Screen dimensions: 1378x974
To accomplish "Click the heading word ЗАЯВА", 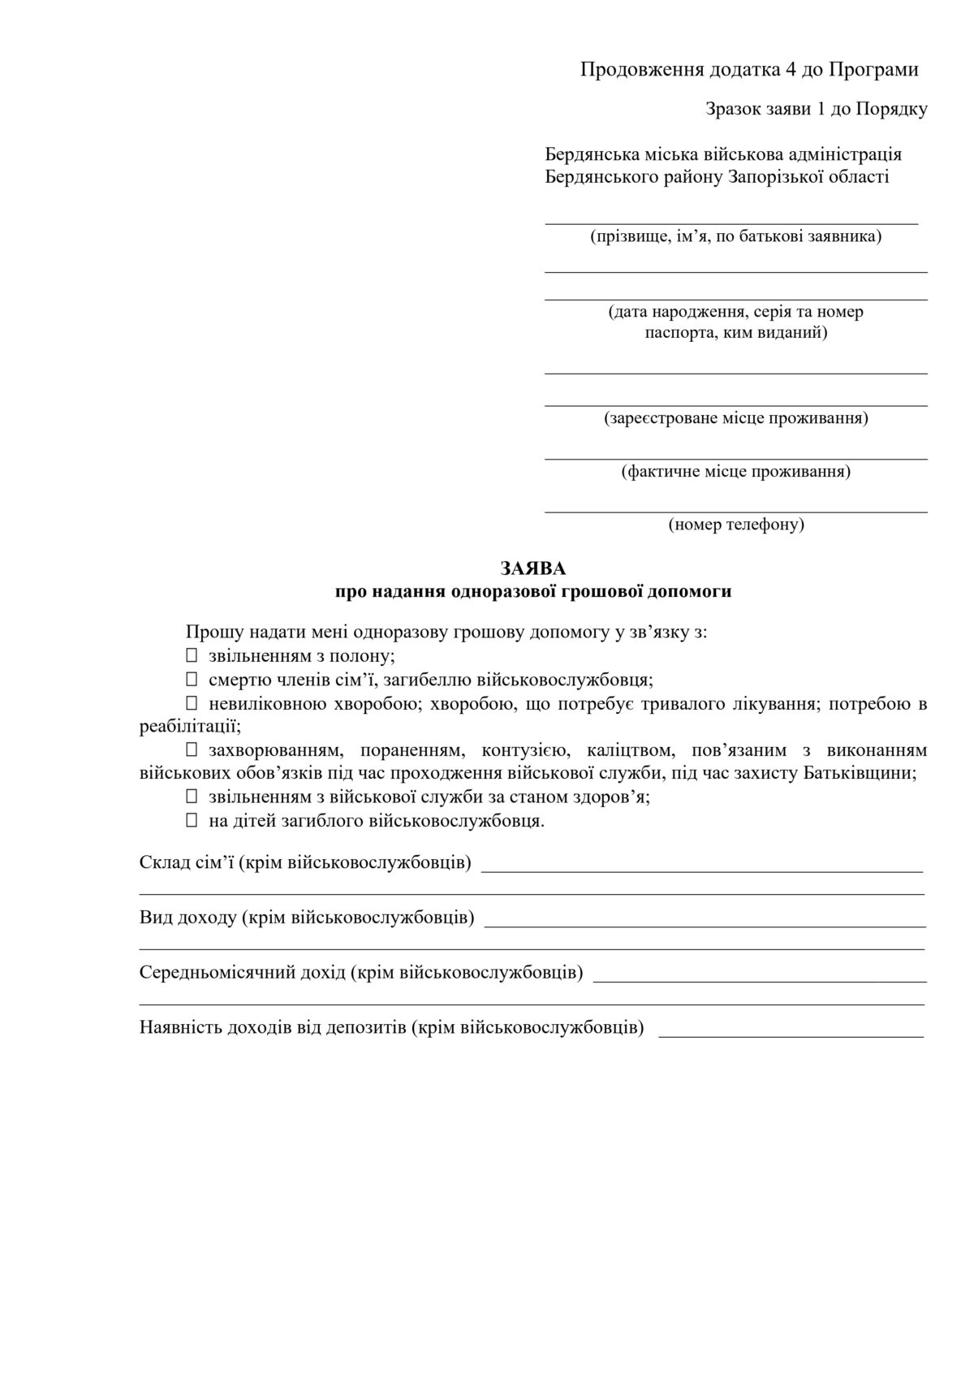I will coord(533,568).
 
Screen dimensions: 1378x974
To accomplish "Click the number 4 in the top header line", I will coord(791,70).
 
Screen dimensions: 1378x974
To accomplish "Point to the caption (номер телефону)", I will coord(736,525).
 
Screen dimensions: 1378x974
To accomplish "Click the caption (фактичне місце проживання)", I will coord(736,472).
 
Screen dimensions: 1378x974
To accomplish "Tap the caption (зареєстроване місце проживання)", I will coord(736,419).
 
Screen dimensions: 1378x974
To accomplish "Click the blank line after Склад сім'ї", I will coord(702,869).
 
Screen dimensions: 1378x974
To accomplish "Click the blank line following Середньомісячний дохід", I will coord(760,979).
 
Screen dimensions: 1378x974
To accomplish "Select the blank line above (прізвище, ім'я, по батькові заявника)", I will coord(731,220).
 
